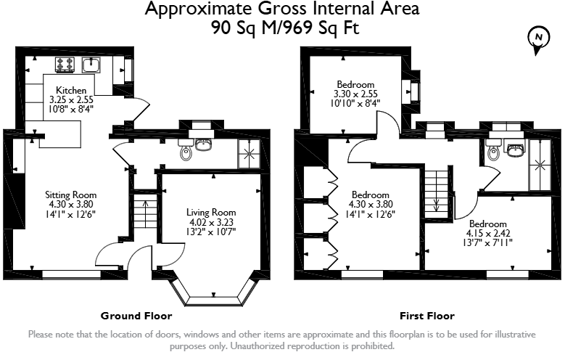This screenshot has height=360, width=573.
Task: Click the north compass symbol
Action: pyautogui.click(x=538, y=38)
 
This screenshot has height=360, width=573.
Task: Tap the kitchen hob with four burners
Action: pyautogui.click(x=65, y=65)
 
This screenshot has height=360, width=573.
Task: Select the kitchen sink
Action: pyautogui.click(x=91, y=65)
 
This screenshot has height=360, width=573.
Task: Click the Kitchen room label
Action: pyautogui.click(x=71, y=90)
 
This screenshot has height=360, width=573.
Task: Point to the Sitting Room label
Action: pyautogui.click(x=71, y=195)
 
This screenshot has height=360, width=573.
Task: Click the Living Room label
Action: pyautogui.click(x=211, y=212)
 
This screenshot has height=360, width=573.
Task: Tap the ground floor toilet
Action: pyautogui.click(x=186, y=150)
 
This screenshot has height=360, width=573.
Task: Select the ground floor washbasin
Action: pyautogui.click(x=204, y=144)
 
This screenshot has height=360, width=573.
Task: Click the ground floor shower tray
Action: pyautogui.click(x=249, y=154)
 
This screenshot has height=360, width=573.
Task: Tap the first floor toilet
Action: pyautogui.click(x=493, y=151)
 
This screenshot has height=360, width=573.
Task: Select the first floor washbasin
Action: pyautogui.click(x=515, y=148)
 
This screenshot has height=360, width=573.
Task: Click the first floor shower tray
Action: pyautogui.click(x=540, y=165)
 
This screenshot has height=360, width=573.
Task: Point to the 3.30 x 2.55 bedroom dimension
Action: pyautogui.click(x=355, y=94)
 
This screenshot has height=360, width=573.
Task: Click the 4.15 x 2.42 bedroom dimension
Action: pyautogui.click(x=488, y=233)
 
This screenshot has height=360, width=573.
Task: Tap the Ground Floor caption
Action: pyautogui.click(x=136, y=316)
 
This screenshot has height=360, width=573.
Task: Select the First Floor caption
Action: pyautogui.click(x=427, y=316)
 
